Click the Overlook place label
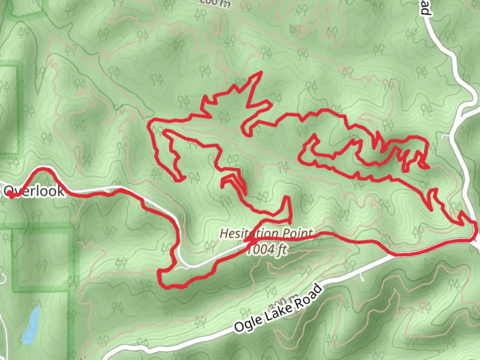tap(33, 191)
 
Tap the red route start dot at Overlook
tap(11, 196)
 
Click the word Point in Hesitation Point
tap(297, 233)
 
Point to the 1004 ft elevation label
tap(267, 249)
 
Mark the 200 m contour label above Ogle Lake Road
tap(283, 302)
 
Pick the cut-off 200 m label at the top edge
tap(215, 3)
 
